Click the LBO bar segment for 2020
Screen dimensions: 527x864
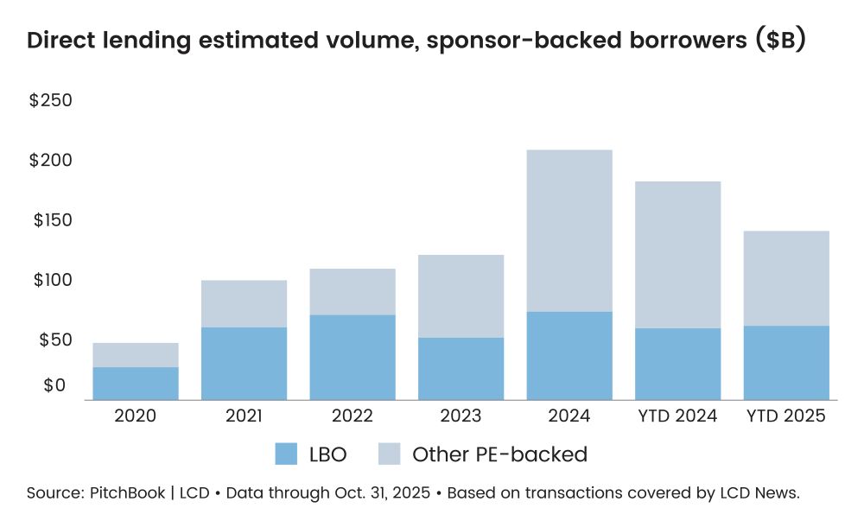[136, 384]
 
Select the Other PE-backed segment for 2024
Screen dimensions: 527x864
[569, 231]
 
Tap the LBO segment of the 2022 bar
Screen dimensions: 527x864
[352, 357]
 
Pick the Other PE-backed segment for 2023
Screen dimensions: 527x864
[461, 296]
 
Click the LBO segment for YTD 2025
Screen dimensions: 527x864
[786, 363]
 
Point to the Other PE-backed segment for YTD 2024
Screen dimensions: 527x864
[677, 255]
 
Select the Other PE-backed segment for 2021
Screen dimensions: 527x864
[244, 303]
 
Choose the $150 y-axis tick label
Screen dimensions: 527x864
[52, 220]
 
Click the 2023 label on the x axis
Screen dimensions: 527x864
[461, 416]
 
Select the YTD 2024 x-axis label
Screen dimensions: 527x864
[677, 416]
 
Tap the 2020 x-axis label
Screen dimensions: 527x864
[136, 416]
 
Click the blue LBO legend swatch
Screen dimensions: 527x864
[286, 454]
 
